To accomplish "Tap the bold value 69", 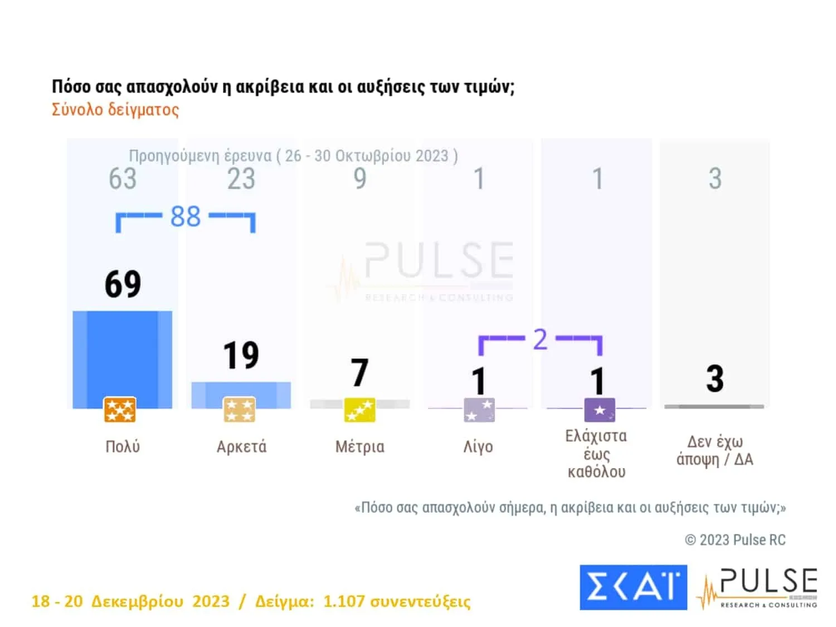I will tap(123, 284).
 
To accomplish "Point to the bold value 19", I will tap(241, 355).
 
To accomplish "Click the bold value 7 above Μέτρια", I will tap(359, 372).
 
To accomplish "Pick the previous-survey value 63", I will tap(123, 179).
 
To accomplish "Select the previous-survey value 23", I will tap(241, 179).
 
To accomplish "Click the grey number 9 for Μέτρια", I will tap(360, 179).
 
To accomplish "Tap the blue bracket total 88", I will tap(185, 217).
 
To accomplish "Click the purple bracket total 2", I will tap(540, 339).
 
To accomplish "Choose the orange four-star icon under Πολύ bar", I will tap(120, 410).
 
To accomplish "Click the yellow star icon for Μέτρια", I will tap(359, 411).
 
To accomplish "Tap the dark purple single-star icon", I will tap(599, 410).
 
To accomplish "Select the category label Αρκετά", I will tap(241, 447).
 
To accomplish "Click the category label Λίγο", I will tap(478, 447).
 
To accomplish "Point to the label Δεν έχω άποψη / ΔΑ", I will tap(715, 450).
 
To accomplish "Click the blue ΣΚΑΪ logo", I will tap(633, 587).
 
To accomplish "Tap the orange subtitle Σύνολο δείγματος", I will tap(115, 109).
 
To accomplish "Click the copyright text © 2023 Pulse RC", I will tap(735, 539).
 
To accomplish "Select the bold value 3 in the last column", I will tap(715, 378).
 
